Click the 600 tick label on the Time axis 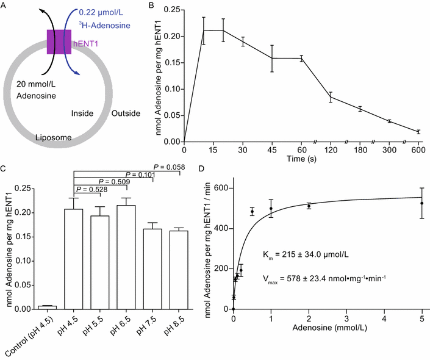[418, 149]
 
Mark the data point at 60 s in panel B [301, 59]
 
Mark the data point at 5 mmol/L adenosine [421, 203]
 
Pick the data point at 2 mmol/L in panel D [309, 206]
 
